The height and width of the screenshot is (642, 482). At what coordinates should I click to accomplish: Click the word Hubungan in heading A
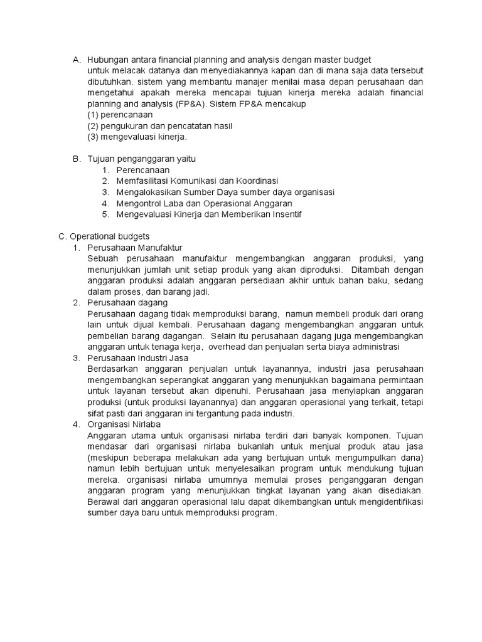(108, 60)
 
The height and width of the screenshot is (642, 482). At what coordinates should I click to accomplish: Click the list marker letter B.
(76, 159)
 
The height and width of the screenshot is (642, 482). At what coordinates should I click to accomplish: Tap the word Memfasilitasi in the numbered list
(144, 181)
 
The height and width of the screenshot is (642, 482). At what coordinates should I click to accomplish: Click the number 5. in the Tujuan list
(105, 214)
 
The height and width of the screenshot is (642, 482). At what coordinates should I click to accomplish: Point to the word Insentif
(284, 214)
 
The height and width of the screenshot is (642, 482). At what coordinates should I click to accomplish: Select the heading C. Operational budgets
(104, 236)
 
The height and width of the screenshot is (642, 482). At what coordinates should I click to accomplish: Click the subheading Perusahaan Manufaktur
(135, 248)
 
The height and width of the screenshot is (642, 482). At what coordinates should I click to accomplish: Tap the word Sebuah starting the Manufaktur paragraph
(102, 259)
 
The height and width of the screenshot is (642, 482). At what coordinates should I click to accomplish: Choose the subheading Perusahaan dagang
(127, 303)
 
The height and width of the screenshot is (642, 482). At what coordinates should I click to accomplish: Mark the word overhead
(227, 347)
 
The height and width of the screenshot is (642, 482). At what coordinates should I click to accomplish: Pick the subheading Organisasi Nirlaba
(125, 424)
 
